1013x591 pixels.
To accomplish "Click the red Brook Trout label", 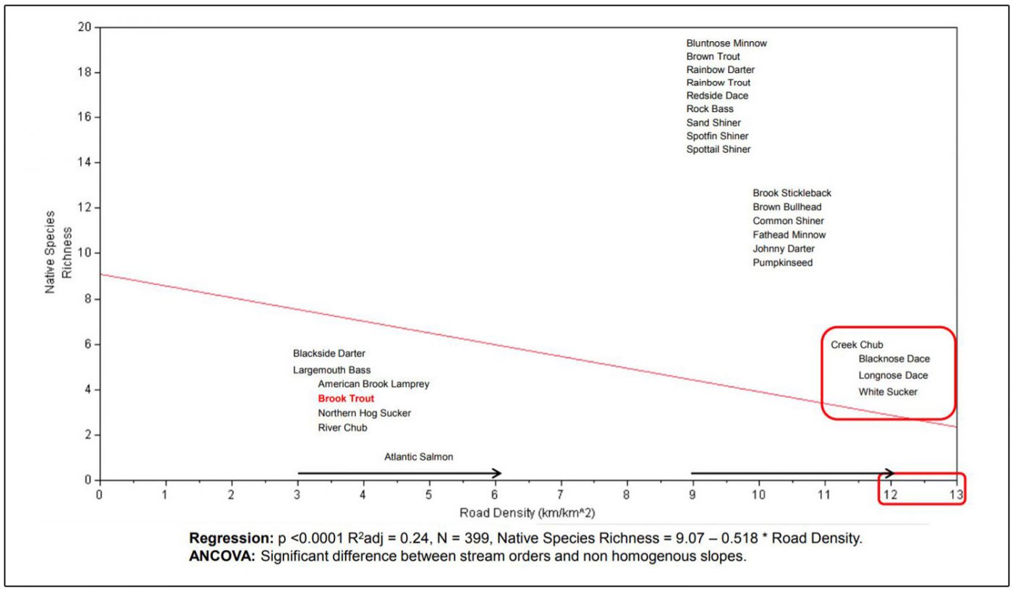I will pyautogui.click(x=346, y=399).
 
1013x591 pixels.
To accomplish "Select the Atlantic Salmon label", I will pyautogui.click(x=418, y=457).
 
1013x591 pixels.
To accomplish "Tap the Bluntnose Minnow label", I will pyautogui.click(x=726, y=43).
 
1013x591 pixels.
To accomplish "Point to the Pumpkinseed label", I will pyautogui.click(x=782, y=263).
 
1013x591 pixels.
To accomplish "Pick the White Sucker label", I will pyautogui.click(x=888, y=392).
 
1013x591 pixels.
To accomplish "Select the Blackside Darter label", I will pyautogui.click(x=329, y=354).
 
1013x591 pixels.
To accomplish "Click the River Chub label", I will pyautogui.click(x=342, y=428).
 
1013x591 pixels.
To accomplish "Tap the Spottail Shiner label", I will pyautogui.click(x=719, y=150).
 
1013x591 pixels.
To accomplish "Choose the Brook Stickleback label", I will pyautogui.click(x=792, y=193).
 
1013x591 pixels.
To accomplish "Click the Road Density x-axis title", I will pyautogui.click(x=527, y=513).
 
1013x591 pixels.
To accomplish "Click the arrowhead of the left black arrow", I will pyautogui.click(x=497, y=473).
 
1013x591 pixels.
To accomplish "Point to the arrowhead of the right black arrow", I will pyautogui.click(x=891, y=473).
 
